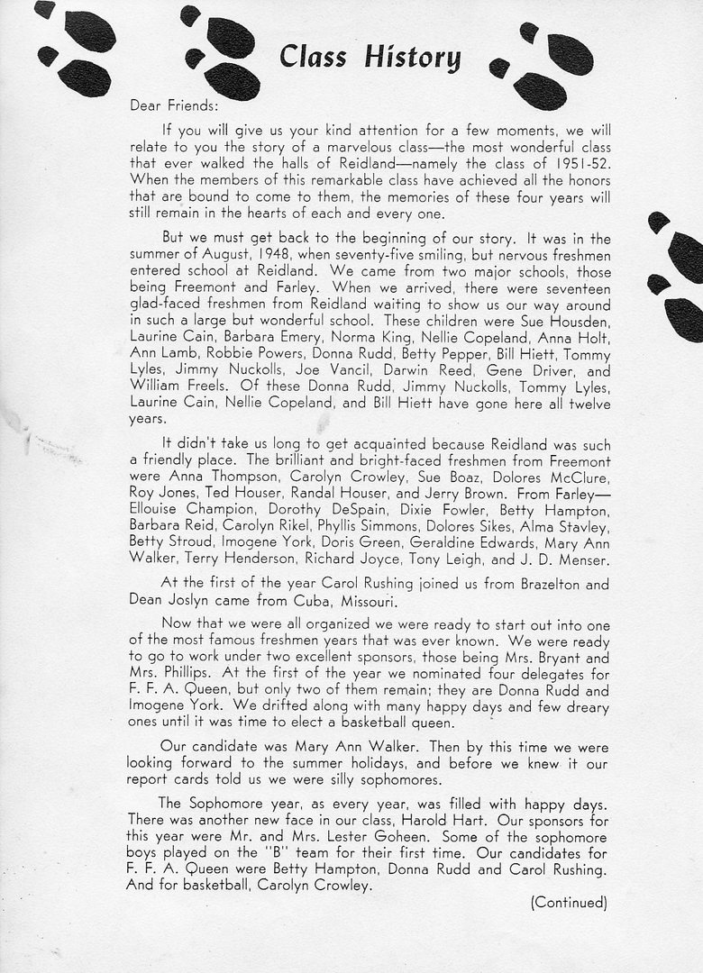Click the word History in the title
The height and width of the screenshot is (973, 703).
[412, 59]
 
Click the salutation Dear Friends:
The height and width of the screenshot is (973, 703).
[169, 105]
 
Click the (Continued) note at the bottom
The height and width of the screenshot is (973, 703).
[569, 902]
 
